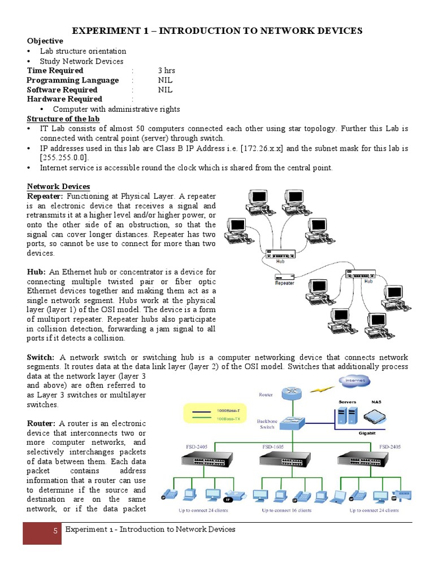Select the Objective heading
(45, 41)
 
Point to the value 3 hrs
(167, 71)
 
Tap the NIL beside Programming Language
(165, 80)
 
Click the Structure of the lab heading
(63, 119)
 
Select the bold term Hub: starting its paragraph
(36, 272)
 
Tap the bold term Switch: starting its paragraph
(41, 358)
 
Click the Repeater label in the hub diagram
(284, 283)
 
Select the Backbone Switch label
(267, 424)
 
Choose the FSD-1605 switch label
(273, 446)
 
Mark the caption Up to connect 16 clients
(286, 510)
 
